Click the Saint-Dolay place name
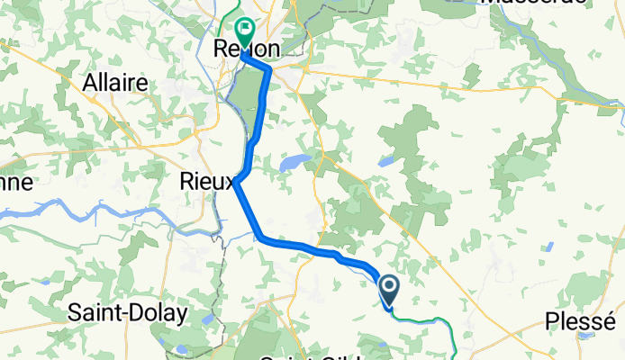pos(128,313)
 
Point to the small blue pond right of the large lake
pos(385,162)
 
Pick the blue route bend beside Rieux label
pos(241,180)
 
